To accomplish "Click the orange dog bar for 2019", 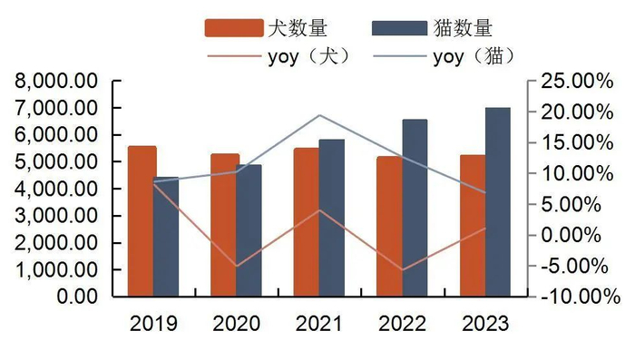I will tap(142, 221).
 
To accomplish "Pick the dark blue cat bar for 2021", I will tap(332, 218).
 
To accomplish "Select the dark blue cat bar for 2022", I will tap(415, 208).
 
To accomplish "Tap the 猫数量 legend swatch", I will tap(398, 27).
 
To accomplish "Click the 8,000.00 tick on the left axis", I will tap(56, 82).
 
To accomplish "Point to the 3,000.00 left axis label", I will tap(56, 217).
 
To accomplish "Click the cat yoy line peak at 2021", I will tap(319, 115).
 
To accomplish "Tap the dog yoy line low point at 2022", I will tap(402, 269).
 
